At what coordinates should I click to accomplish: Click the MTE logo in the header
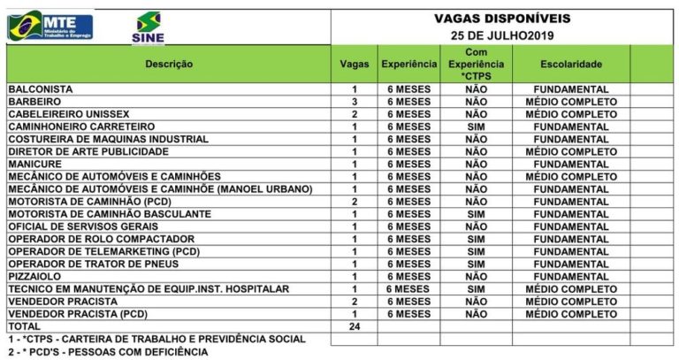tap(50, 25)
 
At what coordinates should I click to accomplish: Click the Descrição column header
tap(169, 65)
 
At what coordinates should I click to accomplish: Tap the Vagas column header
tap(355, 65)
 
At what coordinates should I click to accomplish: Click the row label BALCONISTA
tap(40, 89)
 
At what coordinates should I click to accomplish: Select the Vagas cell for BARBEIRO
tap(355, 102)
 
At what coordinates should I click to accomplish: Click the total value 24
tap(355, 326)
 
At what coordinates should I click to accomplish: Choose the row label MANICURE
tap(34, 164)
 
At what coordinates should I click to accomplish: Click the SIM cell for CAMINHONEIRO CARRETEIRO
tap(476, 126)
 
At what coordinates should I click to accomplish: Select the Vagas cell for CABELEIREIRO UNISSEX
tap(355, 114)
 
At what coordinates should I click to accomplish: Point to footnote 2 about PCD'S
tap(107, 352)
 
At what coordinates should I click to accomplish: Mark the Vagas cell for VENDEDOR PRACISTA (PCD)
tap(355, 314)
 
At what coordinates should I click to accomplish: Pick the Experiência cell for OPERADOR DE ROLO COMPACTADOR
tap(408, 239)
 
